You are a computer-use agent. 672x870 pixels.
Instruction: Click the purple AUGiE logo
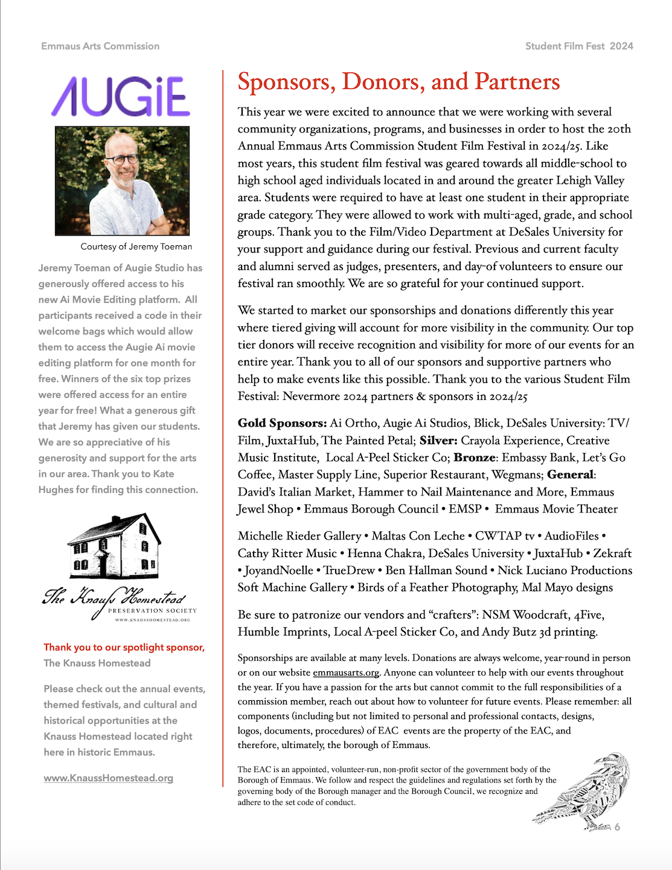pyautogui.click(x=121, y=97)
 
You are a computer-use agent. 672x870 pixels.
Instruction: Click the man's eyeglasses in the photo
pyautogui.click(x=123, y=159)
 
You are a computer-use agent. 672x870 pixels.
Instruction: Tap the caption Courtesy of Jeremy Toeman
pyautogui.click(x=136, y=246)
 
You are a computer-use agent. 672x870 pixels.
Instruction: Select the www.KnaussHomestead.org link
pyautogui.click(x=108, y=778)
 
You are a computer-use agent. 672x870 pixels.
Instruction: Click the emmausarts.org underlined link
pyautogui.click(x=346, y=672)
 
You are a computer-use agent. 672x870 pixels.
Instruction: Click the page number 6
pyautogui.click(x=617, y=827)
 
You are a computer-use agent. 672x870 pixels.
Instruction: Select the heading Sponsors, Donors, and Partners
pyautogui.click(x=398, y=82)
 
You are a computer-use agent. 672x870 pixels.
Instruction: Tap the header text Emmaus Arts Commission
pyautogui.click(x=100, y=46)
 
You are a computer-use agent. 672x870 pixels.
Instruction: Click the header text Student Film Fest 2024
pyautogui.click(x=579, y=46)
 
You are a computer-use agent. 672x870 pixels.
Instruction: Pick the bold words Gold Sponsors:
pyautogui.click(x=282, y=423)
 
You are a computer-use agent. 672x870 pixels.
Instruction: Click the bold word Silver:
pyautogui.click(x=438, y=440)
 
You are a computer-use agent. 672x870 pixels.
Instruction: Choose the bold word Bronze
pyautogui.click(x=474, y=457)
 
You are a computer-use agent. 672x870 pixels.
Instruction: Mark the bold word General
pyautogui.click(x=571, y=475)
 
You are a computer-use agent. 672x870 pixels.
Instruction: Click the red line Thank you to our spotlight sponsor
pyautogui.click(x=124, y=647)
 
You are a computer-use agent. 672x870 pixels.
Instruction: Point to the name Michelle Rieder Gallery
pyautogui.click(x=299, y=536)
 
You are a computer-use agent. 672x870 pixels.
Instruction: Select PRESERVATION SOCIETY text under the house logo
pyautogui.click(x=152, y=610)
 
